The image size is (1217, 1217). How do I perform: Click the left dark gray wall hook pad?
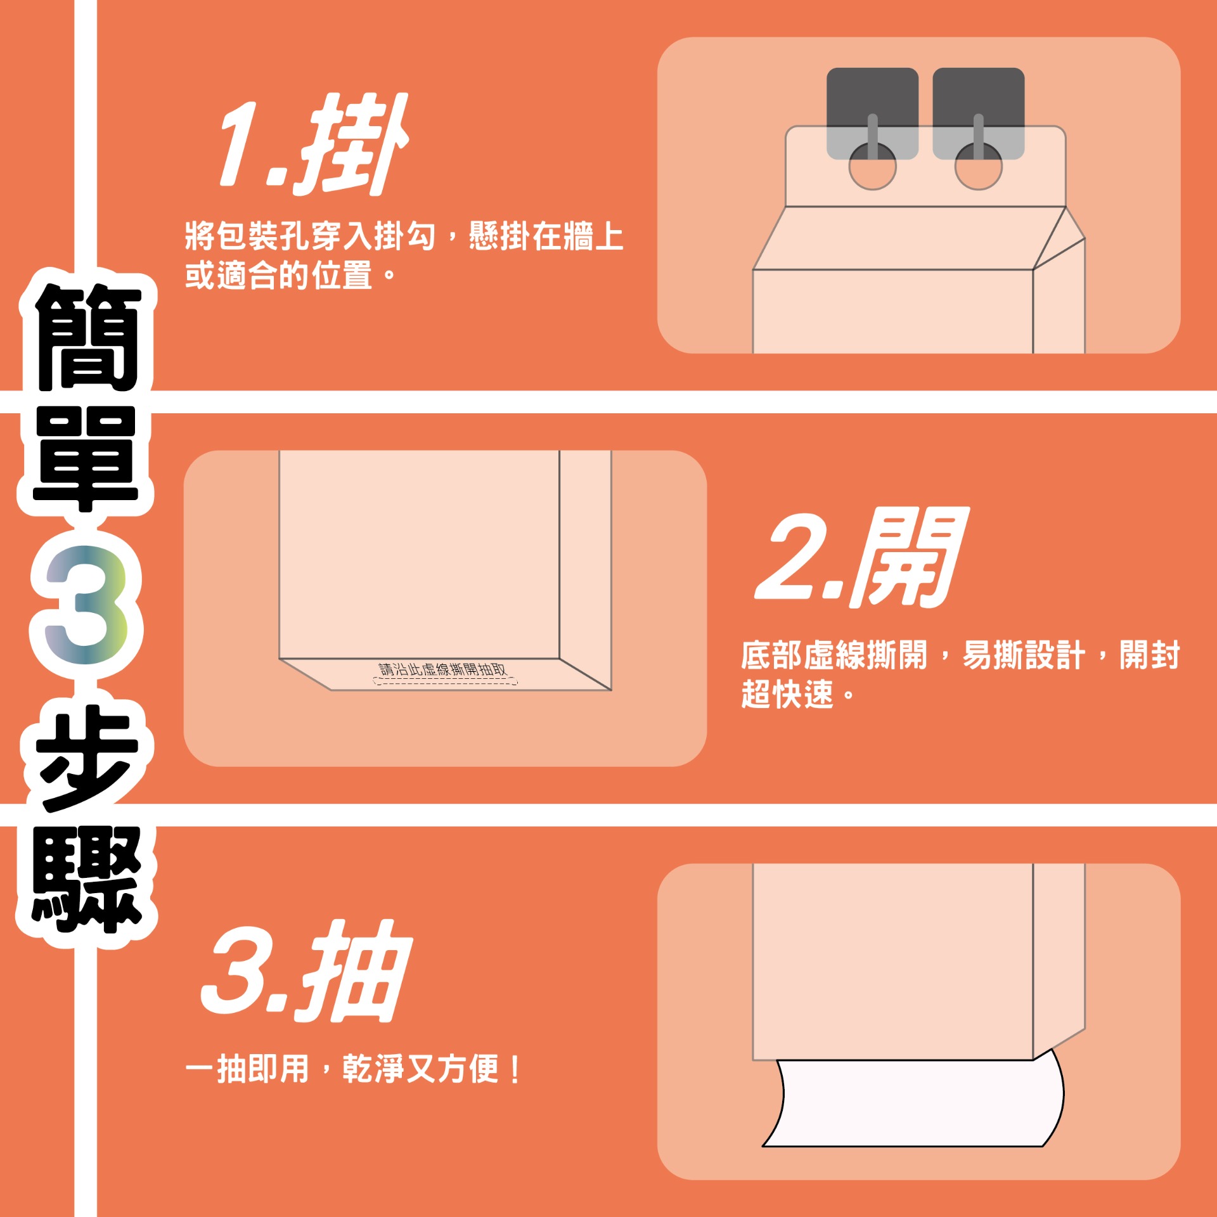(x=872, y=113)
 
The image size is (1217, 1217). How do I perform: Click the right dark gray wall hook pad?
(x=978, y=113)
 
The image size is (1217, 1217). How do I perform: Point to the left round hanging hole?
(x=872, y=166)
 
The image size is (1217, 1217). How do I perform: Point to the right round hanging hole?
(x=978, y=166)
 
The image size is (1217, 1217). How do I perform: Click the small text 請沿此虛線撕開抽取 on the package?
(x=443, y=669)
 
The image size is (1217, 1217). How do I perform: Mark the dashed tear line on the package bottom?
(x=445, y=681)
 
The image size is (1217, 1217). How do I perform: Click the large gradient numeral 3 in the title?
(x=86, y=605)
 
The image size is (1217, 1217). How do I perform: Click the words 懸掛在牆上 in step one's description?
(x=546, y=236)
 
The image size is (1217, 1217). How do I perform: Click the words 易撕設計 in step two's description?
(x=1024, y=655)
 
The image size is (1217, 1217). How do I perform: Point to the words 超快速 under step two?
(x=787, y=693)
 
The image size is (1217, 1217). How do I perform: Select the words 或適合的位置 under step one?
(x=278, y=275)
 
